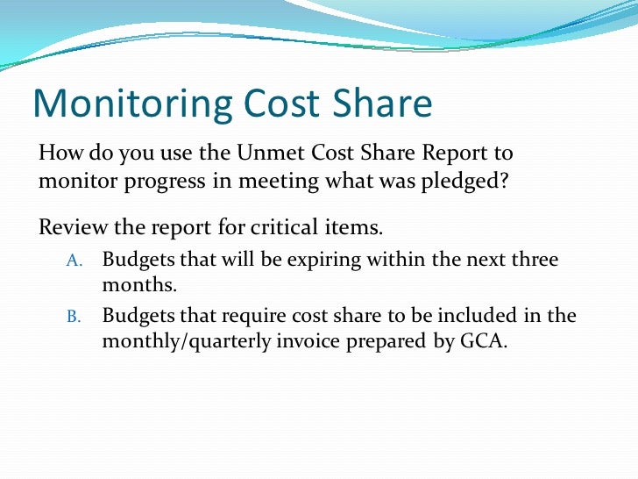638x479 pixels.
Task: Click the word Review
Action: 72,228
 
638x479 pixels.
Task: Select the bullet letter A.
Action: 74,261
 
